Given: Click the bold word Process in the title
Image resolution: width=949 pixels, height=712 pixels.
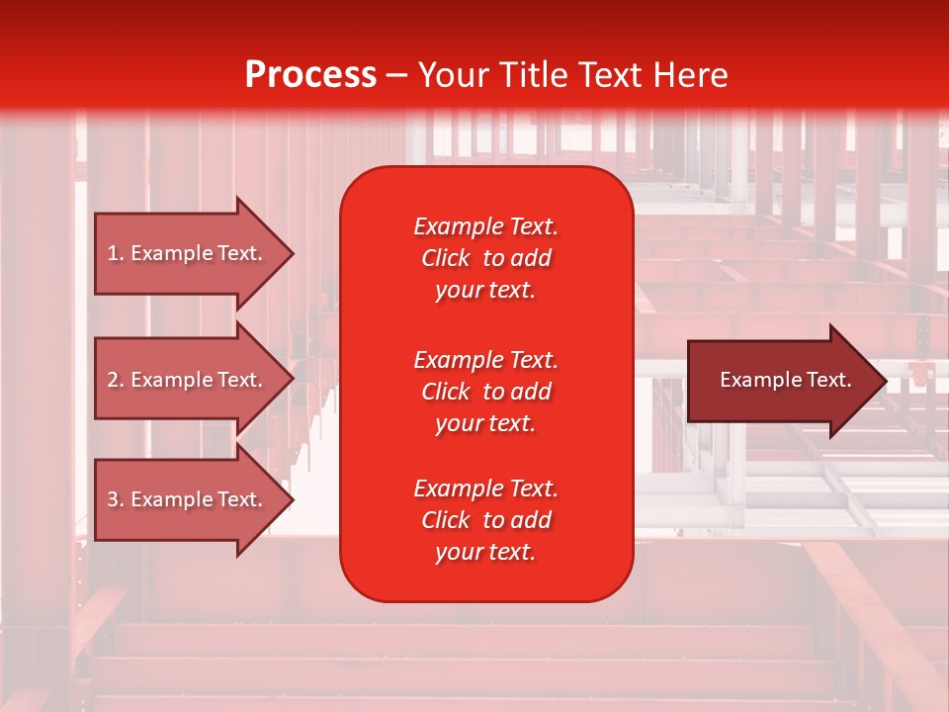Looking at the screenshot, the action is (x=311, y=75).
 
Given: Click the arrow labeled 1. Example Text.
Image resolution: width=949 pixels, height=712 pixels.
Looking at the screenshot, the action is (x=195, y=253).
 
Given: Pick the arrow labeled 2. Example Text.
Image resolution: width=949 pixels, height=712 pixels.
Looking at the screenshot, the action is (x=195, y=379).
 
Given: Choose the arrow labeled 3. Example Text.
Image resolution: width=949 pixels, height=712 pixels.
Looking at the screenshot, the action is (x=195, y=499).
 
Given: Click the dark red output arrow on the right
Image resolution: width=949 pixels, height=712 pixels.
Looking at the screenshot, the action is (x=788, y=381).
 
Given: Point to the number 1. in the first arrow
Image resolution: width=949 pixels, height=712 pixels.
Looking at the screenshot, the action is (x=116, y=253).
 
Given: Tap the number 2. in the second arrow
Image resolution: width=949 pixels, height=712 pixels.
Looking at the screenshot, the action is (x=116, y=380).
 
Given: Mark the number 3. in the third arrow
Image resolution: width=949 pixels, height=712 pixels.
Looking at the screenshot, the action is (x=116, y=499).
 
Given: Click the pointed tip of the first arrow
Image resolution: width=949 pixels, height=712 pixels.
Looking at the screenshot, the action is (x=295, y=253).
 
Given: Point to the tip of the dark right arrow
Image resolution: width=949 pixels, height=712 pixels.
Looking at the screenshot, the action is (x=887, y=381).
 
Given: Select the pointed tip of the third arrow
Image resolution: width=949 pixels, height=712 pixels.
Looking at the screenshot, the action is (x=295, y=500).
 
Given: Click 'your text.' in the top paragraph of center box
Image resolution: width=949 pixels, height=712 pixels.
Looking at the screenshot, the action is (x=485, y=291).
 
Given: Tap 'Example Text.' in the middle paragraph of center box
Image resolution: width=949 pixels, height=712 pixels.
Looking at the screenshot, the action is (x=486, y=360).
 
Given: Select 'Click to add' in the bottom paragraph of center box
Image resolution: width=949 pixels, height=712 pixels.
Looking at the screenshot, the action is (x=486, y=520).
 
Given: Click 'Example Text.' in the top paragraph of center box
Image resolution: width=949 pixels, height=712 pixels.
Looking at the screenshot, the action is (x=486, y=226).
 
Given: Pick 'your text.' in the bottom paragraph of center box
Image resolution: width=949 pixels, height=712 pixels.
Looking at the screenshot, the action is (x=485, y=553).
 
